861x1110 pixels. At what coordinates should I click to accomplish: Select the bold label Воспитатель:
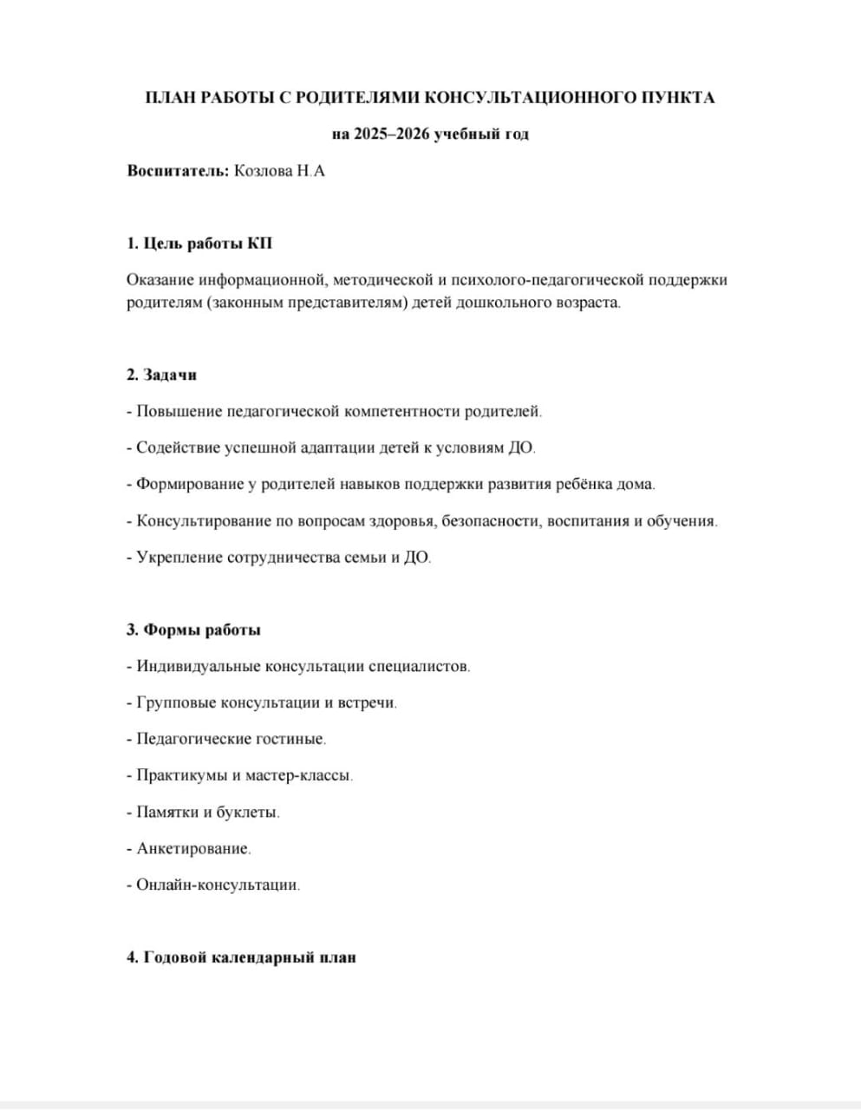pyautogui.click(x=179, y=171)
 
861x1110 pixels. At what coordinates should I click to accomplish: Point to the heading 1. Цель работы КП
pyautogui.click(x=199, y=244)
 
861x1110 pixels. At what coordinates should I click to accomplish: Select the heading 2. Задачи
pyautogui.click(x=162, y=375)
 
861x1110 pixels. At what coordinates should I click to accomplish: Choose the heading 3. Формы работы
pyautogui.click(x=193, y=630)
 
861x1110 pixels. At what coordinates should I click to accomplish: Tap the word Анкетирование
pyautogui.click(x=193, y=849)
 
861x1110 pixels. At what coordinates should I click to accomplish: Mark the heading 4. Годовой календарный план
pyautogui.click(x=241, y=958)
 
